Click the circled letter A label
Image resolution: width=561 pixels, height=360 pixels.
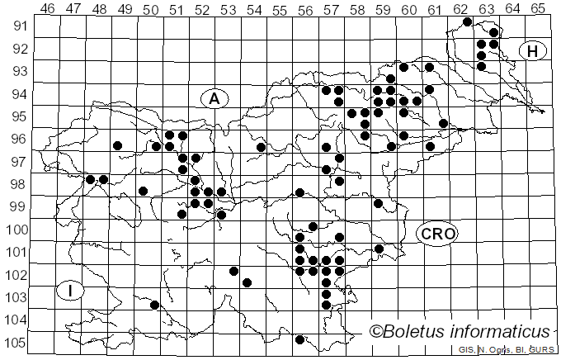click(214, 98)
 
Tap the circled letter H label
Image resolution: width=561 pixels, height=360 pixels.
click(533, 52)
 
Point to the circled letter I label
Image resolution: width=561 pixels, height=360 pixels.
click(72, 291)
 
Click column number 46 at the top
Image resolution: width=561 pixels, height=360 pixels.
click(47, 9)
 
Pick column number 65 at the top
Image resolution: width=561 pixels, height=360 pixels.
click(538, 9)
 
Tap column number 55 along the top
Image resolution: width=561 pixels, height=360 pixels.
click(280, 9)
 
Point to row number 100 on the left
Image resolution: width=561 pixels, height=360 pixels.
click(16, 230)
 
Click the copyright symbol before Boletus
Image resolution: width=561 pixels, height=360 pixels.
click(375, 333)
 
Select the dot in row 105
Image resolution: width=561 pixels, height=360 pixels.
click(300, 339)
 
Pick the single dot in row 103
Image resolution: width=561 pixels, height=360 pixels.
click(154, 305)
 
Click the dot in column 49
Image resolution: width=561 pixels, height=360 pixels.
click(118, 146)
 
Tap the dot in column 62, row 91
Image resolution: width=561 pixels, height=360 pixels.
click(468, 21)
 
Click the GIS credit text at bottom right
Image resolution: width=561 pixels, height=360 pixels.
click(511, 350)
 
